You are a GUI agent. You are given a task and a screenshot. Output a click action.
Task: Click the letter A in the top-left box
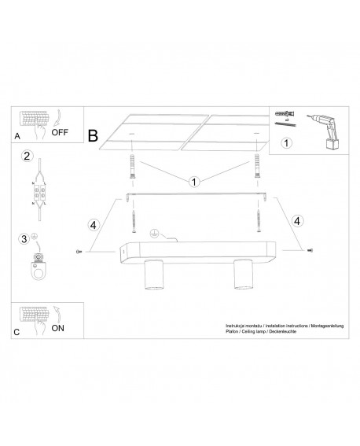(17, 136)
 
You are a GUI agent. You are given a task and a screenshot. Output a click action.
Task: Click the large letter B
(94, 136)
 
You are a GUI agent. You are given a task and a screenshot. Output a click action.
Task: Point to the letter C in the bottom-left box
(17, 334)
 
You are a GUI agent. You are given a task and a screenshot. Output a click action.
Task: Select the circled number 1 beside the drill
(287, 143)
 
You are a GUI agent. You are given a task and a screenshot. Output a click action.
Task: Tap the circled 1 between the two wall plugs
(193, 182)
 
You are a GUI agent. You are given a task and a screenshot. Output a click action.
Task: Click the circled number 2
(27, 156)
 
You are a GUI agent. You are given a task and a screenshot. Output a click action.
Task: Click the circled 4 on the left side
(93, 224)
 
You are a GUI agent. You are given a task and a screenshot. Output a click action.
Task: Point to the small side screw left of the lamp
(79, 252)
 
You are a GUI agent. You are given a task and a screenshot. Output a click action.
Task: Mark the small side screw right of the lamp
(309, 251)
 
